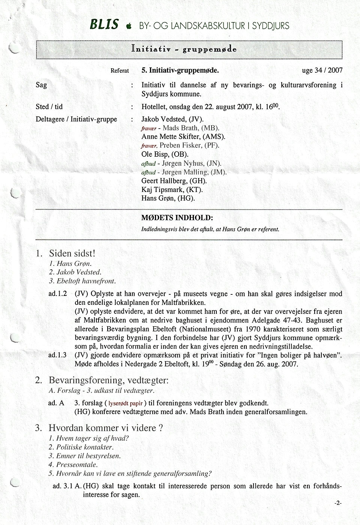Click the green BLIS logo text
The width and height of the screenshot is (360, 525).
(104, 25)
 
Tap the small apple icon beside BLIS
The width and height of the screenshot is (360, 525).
(129, 26)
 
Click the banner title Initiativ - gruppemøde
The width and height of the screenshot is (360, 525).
(184, 49)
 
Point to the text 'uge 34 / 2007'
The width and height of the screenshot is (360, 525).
(322, 70)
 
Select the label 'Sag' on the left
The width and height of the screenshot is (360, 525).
(41, 85)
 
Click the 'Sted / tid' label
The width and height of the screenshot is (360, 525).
(49, 106)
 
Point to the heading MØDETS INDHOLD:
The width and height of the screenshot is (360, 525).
(177, 217)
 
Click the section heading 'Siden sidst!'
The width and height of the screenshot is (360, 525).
(72, 253)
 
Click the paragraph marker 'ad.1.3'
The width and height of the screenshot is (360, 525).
(57, 355)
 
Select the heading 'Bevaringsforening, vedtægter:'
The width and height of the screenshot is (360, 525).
(108, 380)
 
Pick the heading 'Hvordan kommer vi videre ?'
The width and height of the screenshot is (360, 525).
(106, 428)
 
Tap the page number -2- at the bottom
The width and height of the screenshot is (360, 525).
(337, 503)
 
